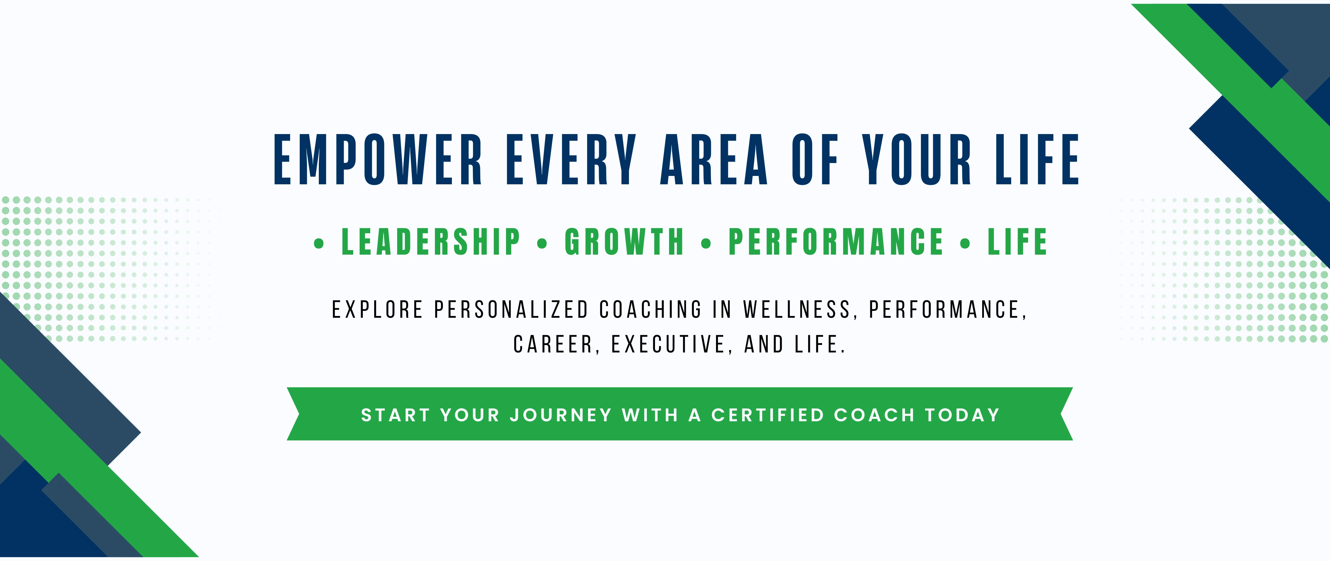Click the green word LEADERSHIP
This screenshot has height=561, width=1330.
click(431, 242)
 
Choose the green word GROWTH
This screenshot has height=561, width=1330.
click(624, 242)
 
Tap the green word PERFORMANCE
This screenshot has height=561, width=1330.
click(836, 242)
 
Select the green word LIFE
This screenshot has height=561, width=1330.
click(1018, 242)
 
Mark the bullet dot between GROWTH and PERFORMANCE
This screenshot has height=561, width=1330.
click(706, 243)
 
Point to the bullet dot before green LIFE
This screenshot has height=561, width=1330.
click(965, 243)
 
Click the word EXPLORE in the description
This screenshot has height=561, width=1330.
click(377, 310)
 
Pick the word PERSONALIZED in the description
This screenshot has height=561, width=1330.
click(511, 310)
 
